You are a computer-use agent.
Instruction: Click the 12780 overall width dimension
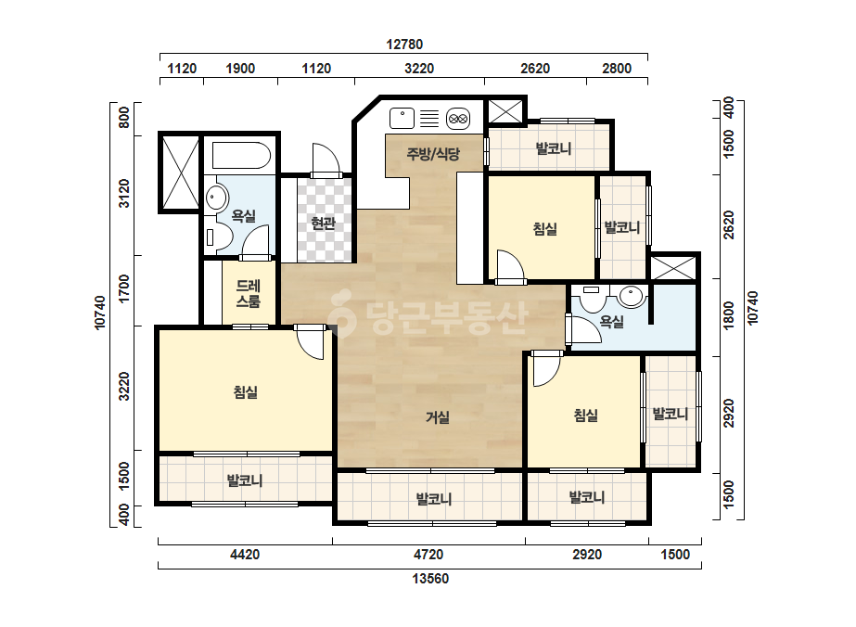[404, 45]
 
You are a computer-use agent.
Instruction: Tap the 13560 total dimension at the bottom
[430, 579]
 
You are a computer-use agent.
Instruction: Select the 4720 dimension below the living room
[428, 555]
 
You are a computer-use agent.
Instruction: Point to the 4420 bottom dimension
[245, 555]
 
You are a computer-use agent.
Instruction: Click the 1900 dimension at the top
[240, 69]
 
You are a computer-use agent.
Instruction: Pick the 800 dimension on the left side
[124, 118]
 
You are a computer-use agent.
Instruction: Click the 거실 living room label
[438, 417]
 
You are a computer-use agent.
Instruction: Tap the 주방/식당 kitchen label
[433, 154]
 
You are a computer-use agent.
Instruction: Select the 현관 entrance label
[323, 223]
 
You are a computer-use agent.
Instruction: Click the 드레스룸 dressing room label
[249, 294]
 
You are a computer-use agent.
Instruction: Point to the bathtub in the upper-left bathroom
[241, 156]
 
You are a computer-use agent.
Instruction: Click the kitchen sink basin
[402, 119]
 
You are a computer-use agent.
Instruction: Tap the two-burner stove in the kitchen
[457, 119]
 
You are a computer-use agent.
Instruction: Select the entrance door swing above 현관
[326, 159]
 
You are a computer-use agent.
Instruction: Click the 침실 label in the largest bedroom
[245, 392]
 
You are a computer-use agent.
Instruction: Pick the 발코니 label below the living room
[434, 499]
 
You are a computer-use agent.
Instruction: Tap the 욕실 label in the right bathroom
[611, 322]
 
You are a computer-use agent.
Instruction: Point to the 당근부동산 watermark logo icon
[342, 313]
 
